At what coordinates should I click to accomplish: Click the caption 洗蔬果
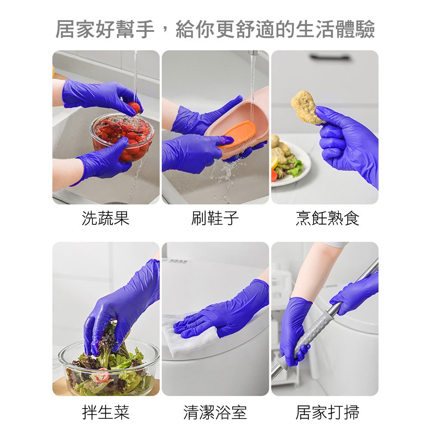[x=106, y=218]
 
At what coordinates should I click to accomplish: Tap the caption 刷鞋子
[x=215, y=218]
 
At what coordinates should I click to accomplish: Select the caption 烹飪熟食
[x=327, y=218]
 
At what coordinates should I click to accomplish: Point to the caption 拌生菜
[x=106, y=412]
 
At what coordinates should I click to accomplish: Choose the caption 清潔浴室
[x=215, y=412]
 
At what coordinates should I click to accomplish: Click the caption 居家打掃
[x=327, y=412]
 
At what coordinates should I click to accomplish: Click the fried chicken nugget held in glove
[x=306, y=107]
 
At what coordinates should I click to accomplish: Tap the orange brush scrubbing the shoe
[x=238, y=134]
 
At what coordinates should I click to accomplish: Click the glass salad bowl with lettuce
[x=109, y=368]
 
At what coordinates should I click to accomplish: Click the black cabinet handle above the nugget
[x=330, y=57]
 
